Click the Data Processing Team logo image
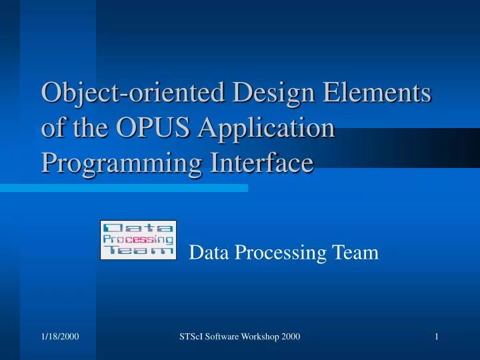coord(138,239)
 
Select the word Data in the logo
coord(139,228)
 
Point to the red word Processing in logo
coord(139,239)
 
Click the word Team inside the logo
coord(139,251)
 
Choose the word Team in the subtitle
coord(354,253)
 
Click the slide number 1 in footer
coord(435,337)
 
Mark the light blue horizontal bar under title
coord(123,189)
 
